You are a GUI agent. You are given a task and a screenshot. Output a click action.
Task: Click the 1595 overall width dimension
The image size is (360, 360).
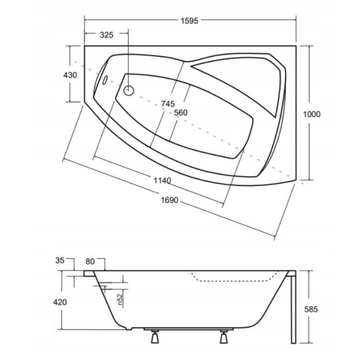pyautogui.click(x=189, y=21)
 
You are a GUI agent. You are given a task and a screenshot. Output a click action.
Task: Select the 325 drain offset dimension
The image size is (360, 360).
pyautogui.click(x=107, y=35)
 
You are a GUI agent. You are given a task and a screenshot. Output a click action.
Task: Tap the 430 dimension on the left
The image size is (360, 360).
pyautogui.click(x=70, y=75)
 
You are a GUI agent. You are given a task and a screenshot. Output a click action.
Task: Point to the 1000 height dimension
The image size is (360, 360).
pyautogui.click(x=312, y=114)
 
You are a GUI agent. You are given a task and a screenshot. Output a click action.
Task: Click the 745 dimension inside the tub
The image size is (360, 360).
pyautogui.click(x=168, y=104)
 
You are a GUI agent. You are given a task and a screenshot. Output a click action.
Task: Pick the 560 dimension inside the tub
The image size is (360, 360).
pyautogui.click(x=180, y=113)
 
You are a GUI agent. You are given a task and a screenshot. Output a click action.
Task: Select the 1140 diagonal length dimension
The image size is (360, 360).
pyautogui.click(x=162, y=180)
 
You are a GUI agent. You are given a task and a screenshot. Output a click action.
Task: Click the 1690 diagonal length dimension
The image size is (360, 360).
pyautogui.click(x=170, y=200)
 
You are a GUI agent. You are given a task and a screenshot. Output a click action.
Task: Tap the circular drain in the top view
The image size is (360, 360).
pyautogui.click(x=129, y=90)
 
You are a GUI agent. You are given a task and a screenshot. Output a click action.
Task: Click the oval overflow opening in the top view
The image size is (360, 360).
pyautogui.click(x=105, y=80)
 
